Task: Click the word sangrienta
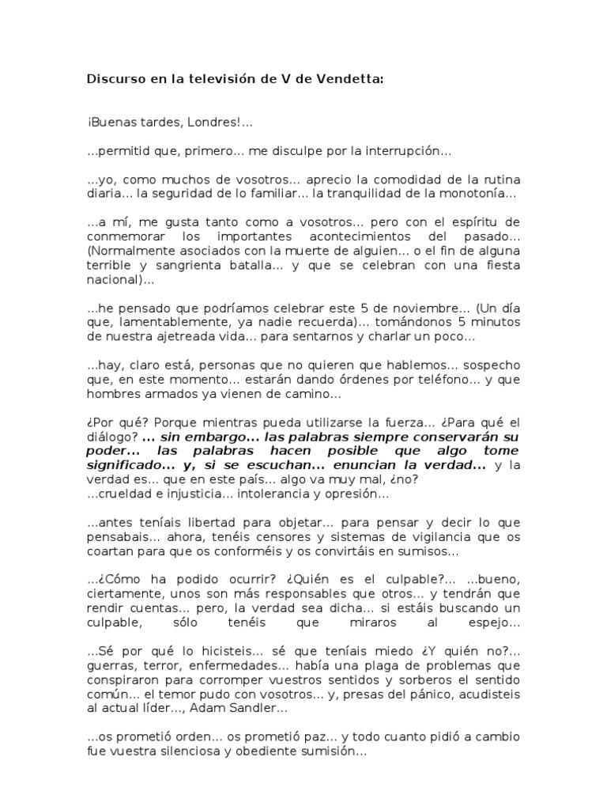coord(183,266)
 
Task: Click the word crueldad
coord(126,494)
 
